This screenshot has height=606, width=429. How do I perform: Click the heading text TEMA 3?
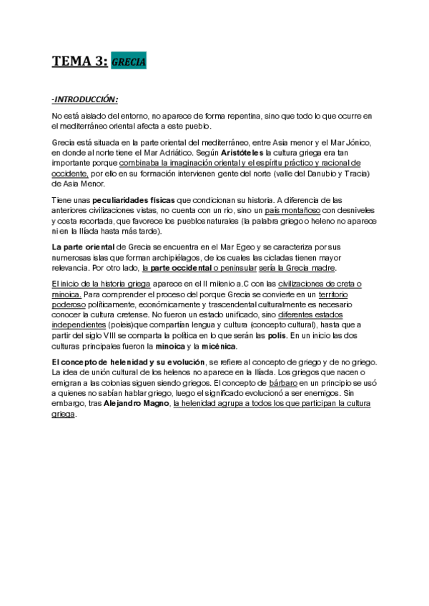[79, 61]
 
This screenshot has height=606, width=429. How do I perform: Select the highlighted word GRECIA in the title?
[129, 62]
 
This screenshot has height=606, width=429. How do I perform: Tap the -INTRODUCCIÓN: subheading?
[85, 99]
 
